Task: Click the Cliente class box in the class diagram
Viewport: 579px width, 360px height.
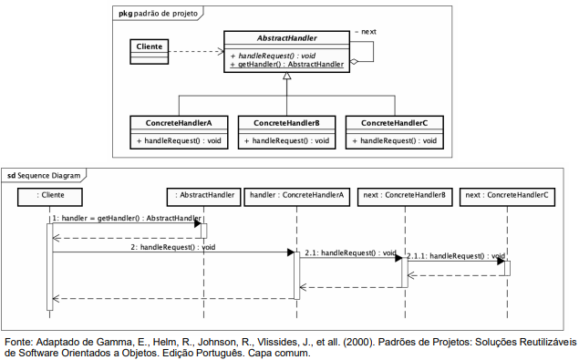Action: [x=150, y=52]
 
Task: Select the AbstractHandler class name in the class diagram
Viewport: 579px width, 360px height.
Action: [x=287, y=38]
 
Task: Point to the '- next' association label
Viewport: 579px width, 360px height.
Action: [x=366, y=32]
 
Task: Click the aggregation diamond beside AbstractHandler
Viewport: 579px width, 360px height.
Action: [x=354, y=62]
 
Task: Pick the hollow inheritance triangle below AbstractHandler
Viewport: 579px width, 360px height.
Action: [x=287, y=76]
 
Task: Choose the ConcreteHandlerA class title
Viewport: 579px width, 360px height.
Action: [x=179, y=123]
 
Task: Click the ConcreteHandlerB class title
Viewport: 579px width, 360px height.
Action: [x=286, y=123]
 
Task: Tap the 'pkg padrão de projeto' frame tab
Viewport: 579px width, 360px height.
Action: [x=158, y=14]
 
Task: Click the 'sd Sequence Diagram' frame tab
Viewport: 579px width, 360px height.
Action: [x=44, y=175]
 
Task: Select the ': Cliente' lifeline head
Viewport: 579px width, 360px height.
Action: [x=50, y=197]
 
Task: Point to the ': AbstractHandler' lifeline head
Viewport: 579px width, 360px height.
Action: [x=204, y=197]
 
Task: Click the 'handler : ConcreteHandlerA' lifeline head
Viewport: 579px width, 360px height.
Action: [x=297, y=197]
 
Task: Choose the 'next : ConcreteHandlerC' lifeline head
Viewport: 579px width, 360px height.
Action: [x=507, y=197]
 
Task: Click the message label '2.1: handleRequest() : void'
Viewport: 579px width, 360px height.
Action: [x=350, y=253]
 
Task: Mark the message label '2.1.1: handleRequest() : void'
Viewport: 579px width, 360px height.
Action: [x=456, y=256]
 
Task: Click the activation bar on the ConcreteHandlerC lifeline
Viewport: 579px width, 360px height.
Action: [x=507, y=268]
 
